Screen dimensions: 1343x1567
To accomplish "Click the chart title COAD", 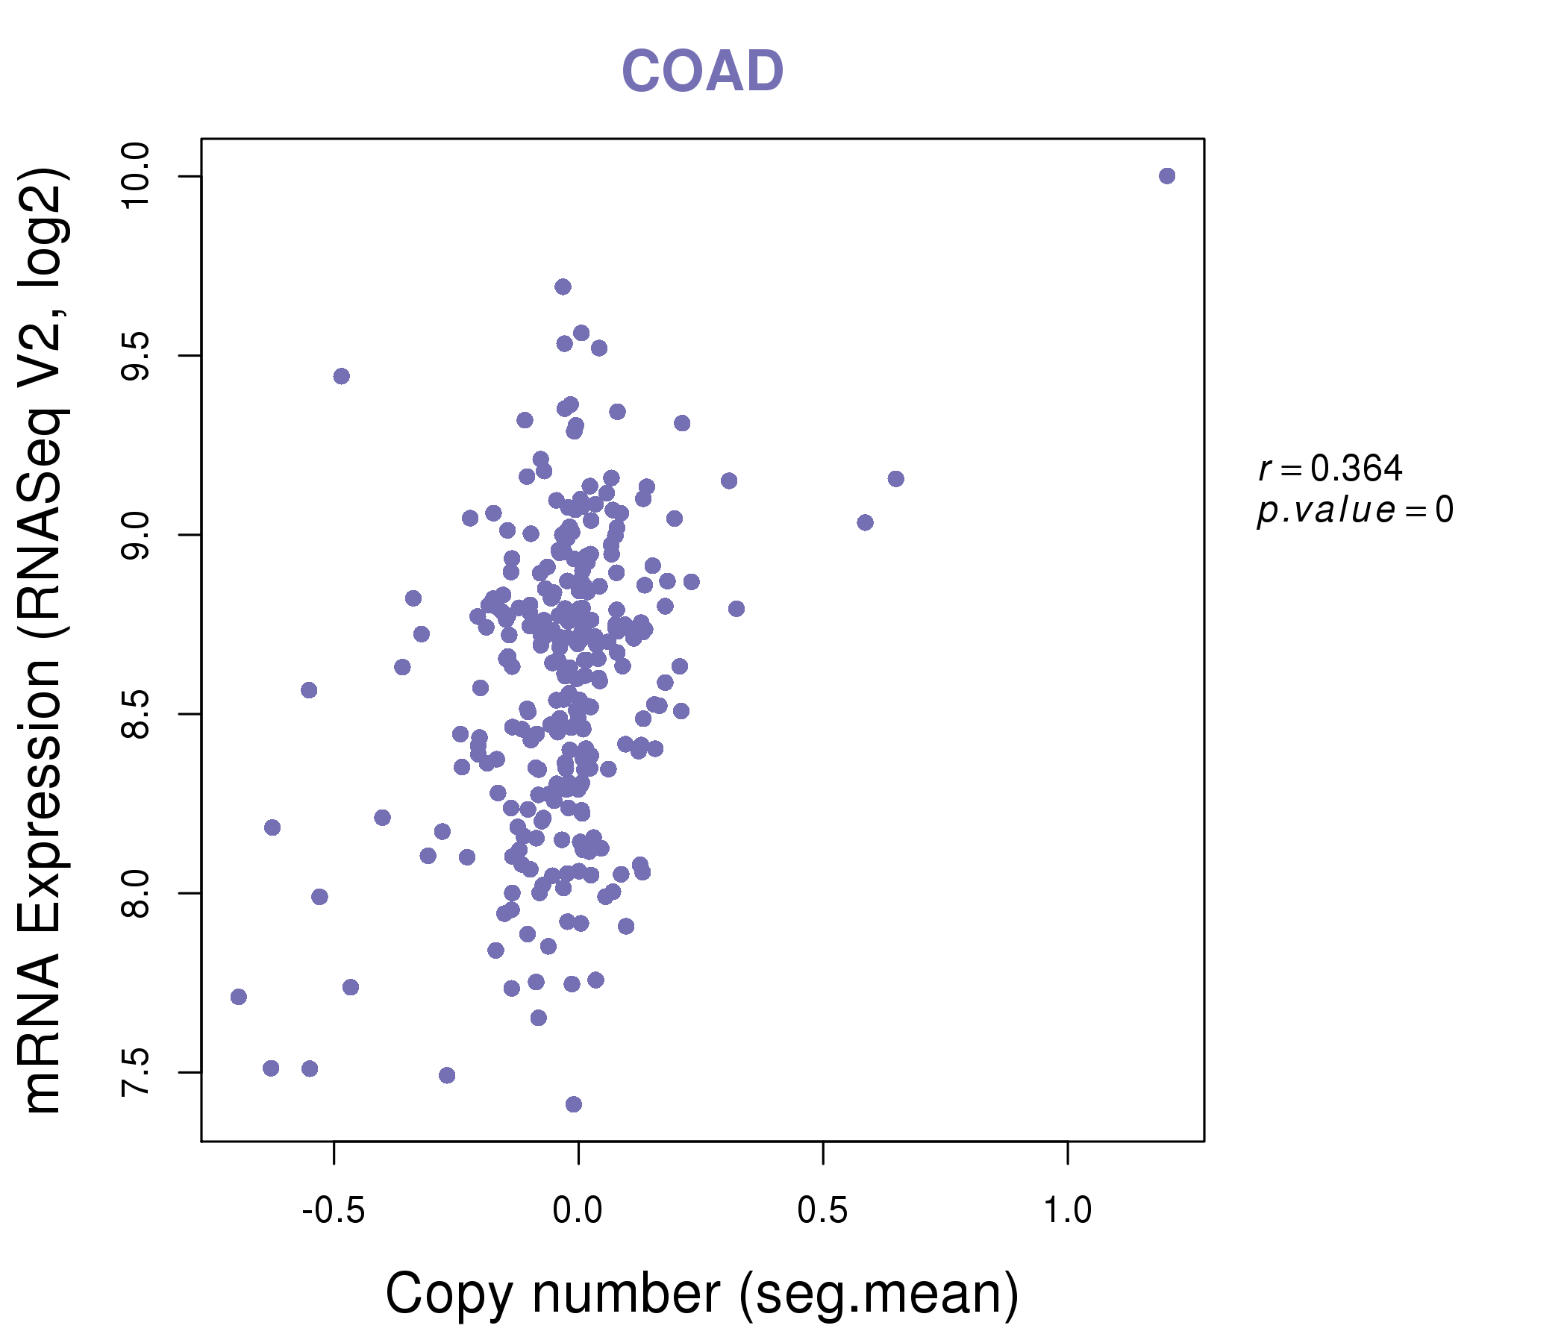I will point(702,71).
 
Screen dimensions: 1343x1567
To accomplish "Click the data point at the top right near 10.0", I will point(1167,176).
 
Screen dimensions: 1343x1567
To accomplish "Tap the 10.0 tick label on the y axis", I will point(137,177).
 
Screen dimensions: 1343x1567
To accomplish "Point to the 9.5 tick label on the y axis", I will point(137,356).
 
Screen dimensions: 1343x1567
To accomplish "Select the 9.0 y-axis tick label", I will point(137,536).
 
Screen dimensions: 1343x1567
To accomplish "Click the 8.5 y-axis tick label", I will point(137,715).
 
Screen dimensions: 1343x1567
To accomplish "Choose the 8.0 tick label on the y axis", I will point(137,894).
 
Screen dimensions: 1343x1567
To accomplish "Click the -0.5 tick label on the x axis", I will point(334,1211).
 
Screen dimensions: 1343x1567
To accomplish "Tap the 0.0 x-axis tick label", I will point(578,1211).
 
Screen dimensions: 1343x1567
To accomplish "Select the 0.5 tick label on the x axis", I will point(823,1211).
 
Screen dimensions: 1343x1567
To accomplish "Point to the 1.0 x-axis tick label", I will point(1067,1211).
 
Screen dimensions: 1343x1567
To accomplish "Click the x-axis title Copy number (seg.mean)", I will point(702,1294).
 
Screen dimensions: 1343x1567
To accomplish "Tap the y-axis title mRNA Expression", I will point(43,641).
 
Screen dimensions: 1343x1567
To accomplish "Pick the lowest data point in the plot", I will point(574,1104).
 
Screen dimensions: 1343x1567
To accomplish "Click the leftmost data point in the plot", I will point(239,997).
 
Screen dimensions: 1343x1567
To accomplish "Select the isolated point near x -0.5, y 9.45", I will point(342,377).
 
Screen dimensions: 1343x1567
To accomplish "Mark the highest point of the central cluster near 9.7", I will point(563,287).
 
